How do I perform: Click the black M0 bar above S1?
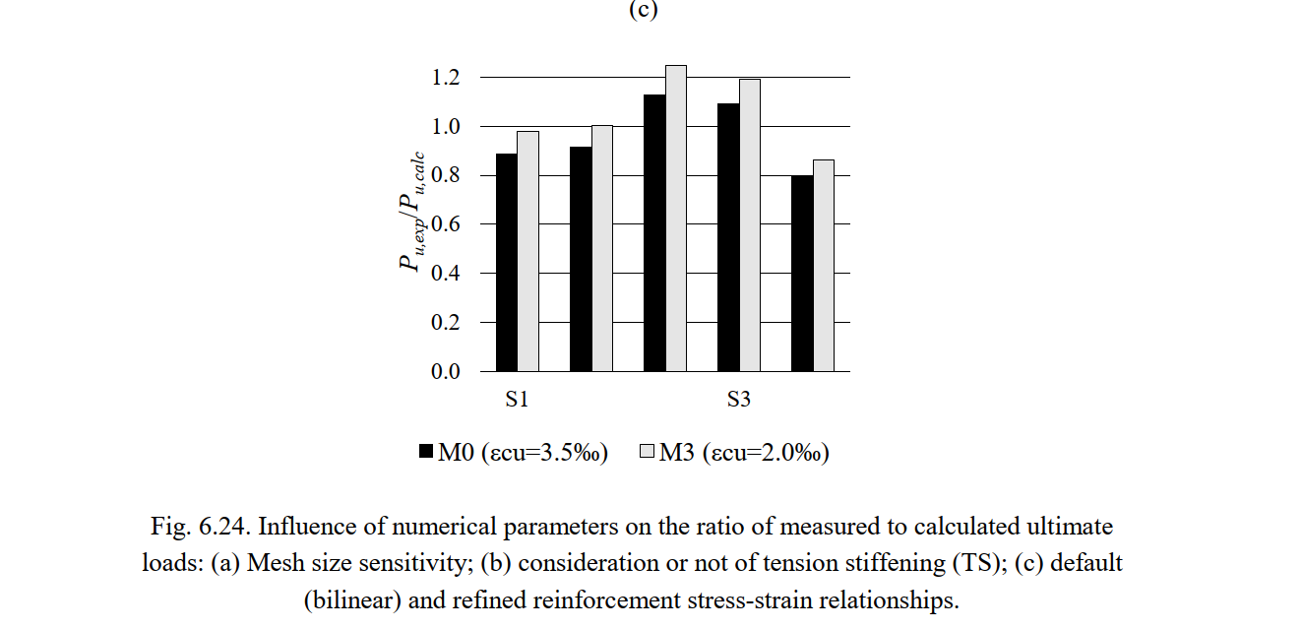(506, 263)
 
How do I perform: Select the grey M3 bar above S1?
(527, 251)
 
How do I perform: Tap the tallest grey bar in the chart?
(675, 219)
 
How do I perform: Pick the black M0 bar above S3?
(727, 237)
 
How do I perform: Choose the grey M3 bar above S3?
(749, 225)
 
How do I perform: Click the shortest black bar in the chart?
(802, 274)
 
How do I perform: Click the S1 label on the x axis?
(518, 400)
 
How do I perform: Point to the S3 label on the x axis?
(739, 400)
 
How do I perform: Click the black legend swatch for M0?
(426, 452)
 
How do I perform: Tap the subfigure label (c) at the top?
(642, 10)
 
